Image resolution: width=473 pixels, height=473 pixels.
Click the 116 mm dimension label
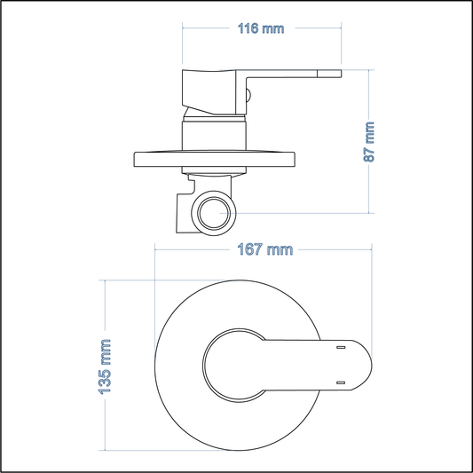pos(261,28)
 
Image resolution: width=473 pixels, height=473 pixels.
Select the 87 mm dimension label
pos(370,141)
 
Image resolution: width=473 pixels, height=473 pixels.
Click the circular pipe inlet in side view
pos(214,213)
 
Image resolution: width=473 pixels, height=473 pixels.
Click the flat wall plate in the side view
pos(214,159)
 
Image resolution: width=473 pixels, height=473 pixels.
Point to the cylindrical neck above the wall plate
pos(213,135)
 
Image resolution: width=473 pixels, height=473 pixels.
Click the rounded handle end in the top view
pos(355,366)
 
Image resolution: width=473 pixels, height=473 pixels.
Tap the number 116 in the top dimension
pos(249,28)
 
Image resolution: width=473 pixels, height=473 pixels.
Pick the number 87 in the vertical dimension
pos(370,154)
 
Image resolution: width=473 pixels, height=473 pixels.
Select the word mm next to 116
pos(274,28)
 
